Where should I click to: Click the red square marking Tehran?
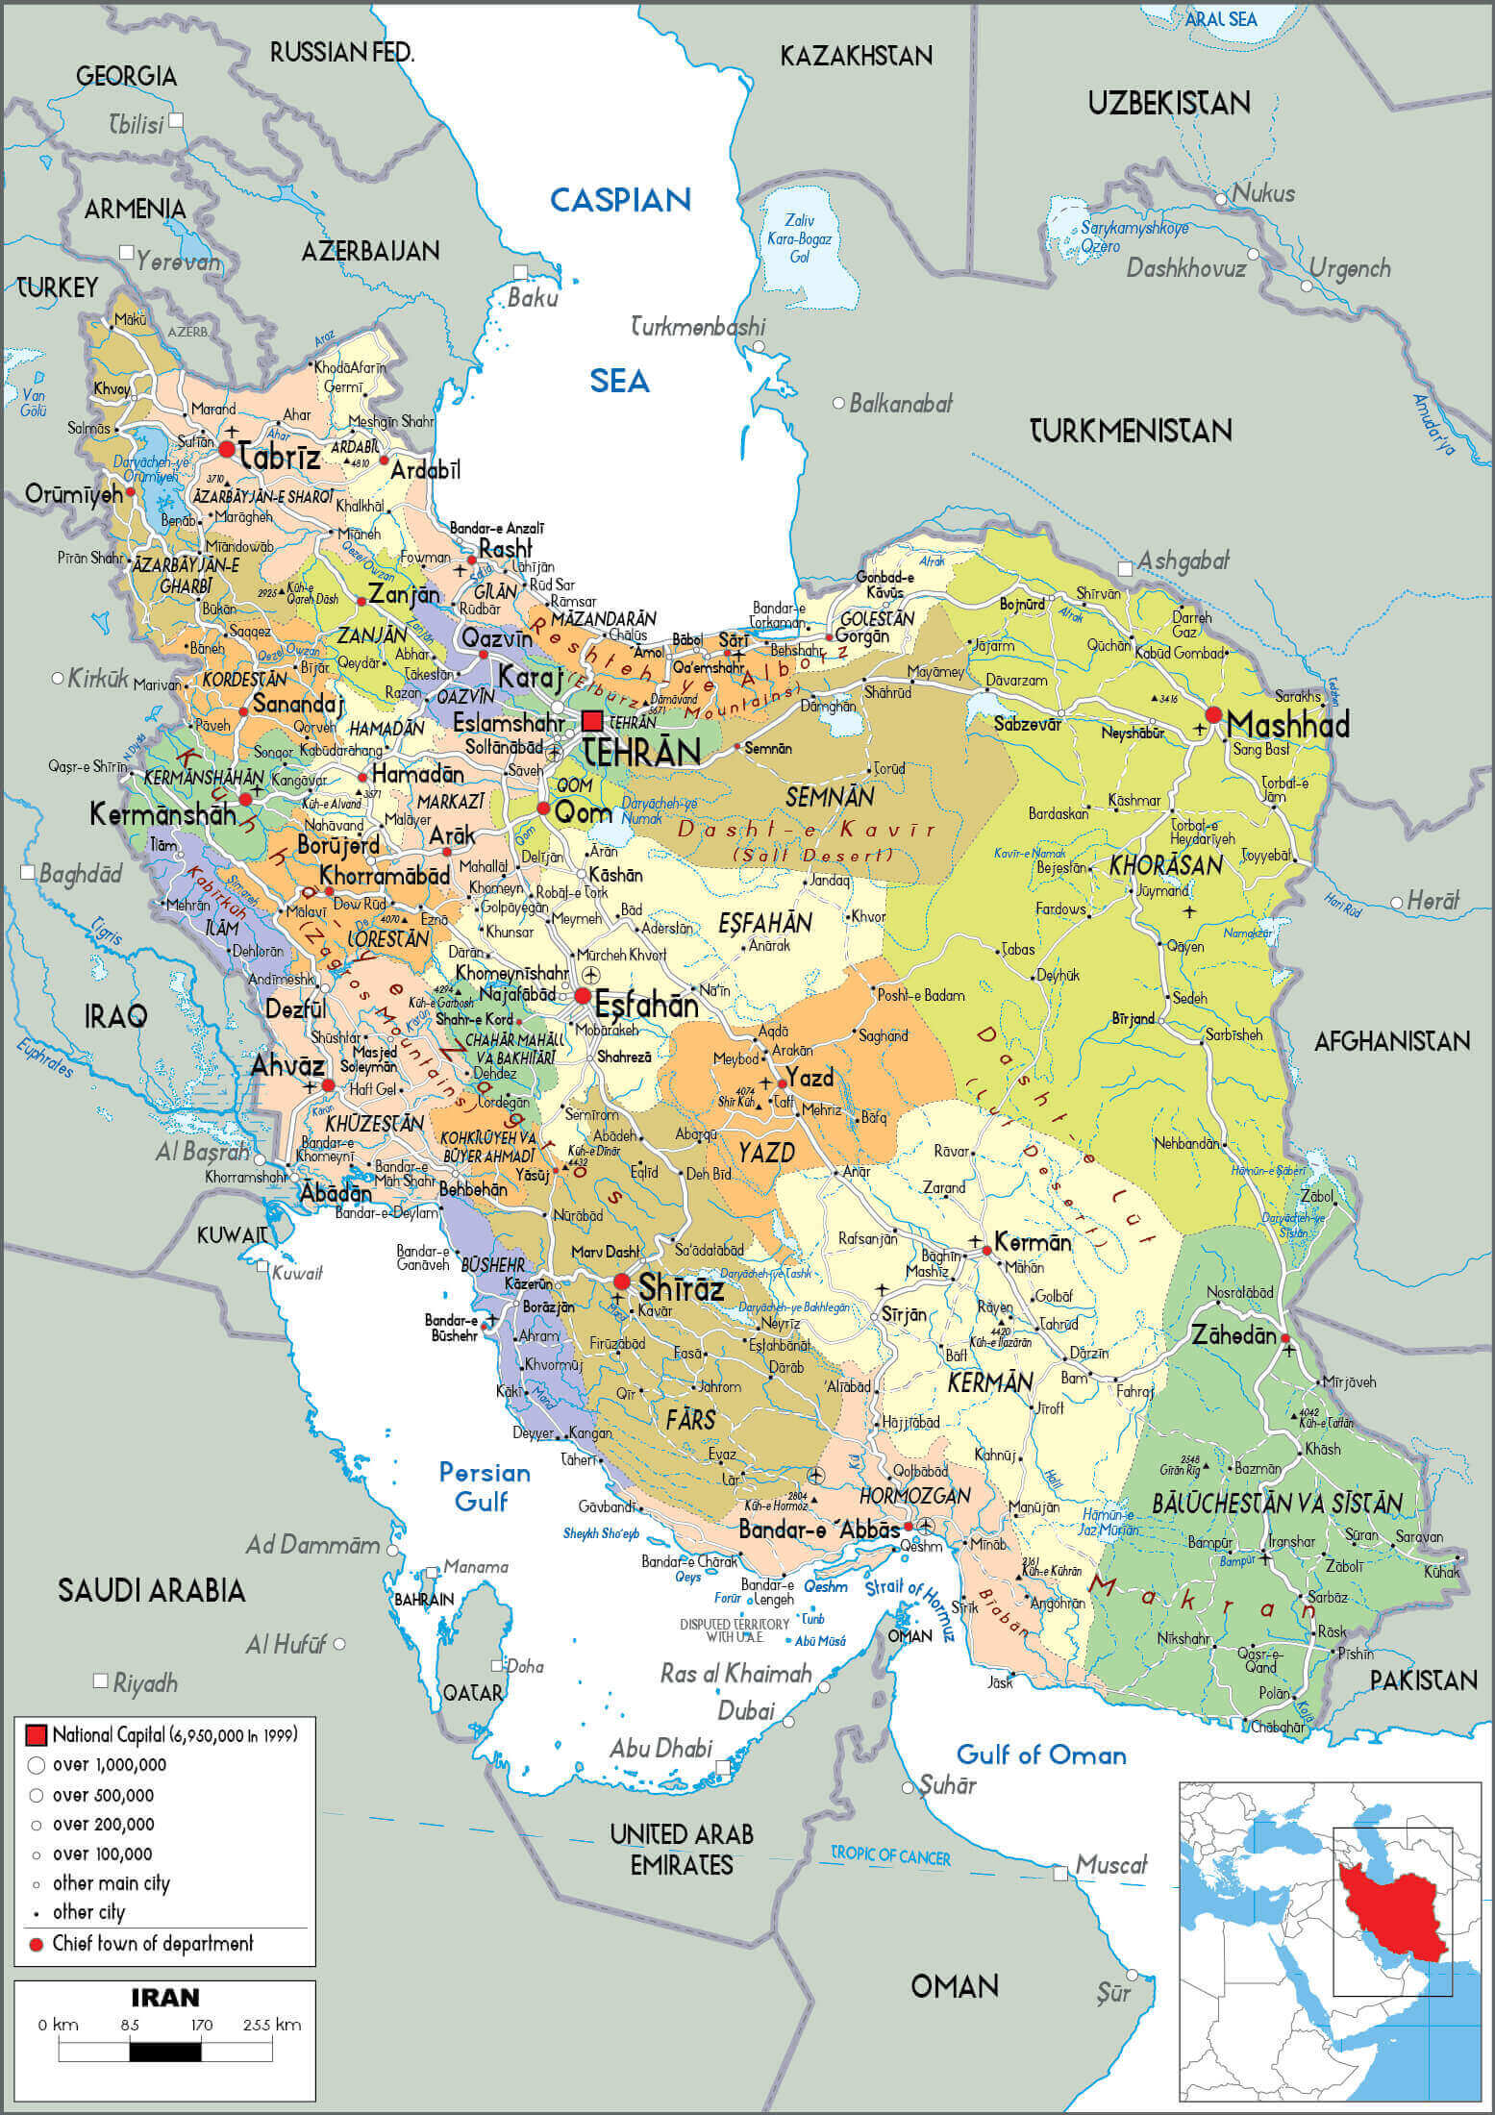click(x=592, y=721)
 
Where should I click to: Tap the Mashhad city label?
click(x=1287, y=724)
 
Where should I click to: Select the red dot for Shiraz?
click(x=622, y=1281)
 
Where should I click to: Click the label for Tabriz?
click(x=280, y=457)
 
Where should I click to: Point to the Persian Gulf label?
click(x=485, y=1486)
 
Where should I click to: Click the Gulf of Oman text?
click(x=1041, y=1755)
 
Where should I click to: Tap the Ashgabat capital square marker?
click(x=1124, y=569)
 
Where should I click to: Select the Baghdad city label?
click(x=81, y=873)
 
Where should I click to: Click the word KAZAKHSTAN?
click(x=856, y=56)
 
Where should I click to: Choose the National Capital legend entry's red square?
click(x=37, y=1735)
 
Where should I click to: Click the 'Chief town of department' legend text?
click(x=153, y=1943)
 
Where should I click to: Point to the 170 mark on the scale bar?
click(x=201, y=2025)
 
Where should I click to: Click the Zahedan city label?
click(x=1234, y=1334)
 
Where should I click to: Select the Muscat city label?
click(x=1111, y=1866)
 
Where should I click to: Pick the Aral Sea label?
click(x=1221, y=19)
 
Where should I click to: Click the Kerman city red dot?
click(x=986, y=1251)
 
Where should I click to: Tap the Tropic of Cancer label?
click(x=890, y=1855)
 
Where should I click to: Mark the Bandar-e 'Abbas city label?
click(x=819, y=1529)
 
